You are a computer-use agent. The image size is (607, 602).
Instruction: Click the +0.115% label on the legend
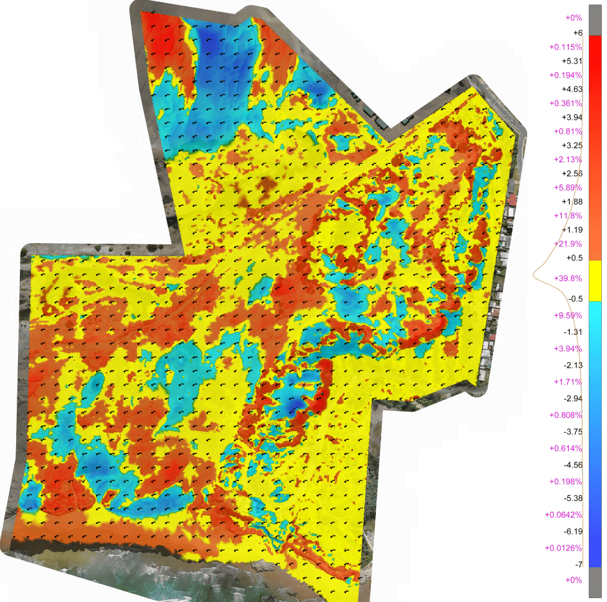566,47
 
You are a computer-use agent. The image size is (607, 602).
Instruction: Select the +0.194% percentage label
566,75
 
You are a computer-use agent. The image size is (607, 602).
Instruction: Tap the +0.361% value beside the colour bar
566,104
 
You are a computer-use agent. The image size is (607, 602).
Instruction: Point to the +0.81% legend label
568,131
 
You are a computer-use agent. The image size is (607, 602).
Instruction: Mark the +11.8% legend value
568,215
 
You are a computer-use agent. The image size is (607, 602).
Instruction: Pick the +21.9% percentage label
568,244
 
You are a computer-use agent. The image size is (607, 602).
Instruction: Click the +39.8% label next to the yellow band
568,278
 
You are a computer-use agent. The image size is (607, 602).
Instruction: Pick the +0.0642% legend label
563,515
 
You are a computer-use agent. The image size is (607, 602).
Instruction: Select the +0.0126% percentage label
563,548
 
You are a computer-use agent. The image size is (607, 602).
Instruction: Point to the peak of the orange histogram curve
534,275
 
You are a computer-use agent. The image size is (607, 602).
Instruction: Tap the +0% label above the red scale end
574,18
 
